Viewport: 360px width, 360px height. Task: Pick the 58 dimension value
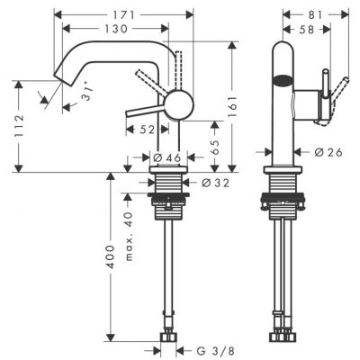click(307, 31)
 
